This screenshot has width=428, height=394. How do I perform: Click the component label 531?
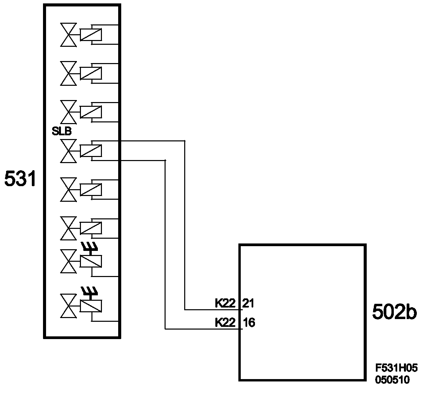coord(20,179)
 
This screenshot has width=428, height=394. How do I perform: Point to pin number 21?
coord(249,303)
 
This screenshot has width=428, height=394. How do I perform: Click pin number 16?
coord(249,322)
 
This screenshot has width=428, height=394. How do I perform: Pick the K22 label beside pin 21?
coord(225,303)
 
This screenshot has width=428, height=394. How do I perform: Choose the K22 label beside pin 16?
coord(225,322)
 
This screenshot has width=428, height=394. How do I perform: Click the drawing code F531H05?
coord(396,368)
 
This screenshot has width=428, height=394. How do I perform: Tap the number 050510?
coord(392,380)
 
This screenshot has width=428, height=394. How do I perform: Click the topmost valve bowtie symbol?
coord(68,35)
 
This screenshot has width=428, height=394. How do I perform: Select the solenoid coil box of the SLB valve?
coord(91,150)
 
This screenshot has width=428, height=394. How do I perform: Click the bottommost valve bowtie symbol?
coord(68,306)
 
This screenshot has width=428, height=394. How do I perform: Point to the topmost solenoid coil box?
coord(91,35)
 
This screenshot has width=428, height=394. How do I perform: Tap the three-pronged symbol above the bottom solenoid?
coord(89,291)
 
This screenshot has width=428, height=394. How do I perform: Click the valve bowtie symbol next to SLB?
coord(68,151)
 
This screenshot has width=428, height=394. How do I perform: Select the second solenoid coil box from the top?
coord(91,73)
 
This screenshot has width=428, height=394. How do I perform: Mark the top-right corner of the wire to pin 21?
coord(185,141)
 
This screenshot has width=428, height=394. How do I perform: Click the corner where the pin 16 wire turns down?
coord(165,160)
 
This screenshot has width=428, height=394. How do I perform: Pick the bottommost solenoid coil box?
coord(91,306)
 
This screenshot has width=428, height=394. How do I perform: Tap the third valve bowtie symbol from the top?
coord(68,112)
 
